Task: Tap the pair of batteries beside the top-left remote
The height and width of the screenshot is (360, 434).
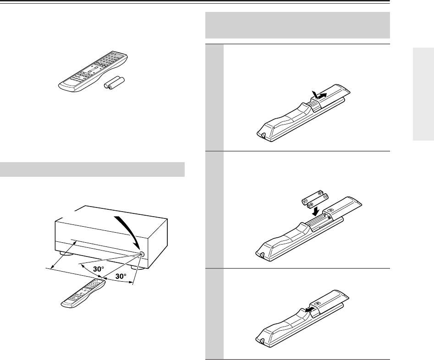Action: coord(114,83)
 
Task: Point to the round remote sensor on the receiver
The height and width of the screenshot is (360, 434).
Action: coord(142,254)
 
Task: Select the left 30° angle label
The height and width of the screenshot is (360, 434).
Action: coord(99,269)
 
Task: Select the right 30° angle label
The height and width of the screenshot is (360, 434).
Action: coord(121,276)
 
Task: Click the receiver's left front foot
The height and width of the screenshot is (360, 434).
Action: coord(67,253)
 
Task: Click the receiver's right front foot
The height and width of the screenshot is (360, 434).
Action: coord(137,267)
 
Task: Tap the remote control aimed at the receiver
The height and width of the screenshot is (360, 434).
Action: coord(83,294)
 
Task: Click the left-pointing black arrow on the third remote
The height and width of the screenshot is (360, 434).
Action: coord(311,309)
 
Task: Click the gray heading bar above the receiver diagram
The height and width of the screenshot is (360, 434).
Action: coord(92,169)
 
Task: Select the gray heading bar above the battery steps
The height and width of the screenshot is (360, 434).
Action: coord(297,25)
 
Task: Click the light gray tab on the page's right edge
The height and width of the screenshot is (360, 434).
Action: coord(423,94)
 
